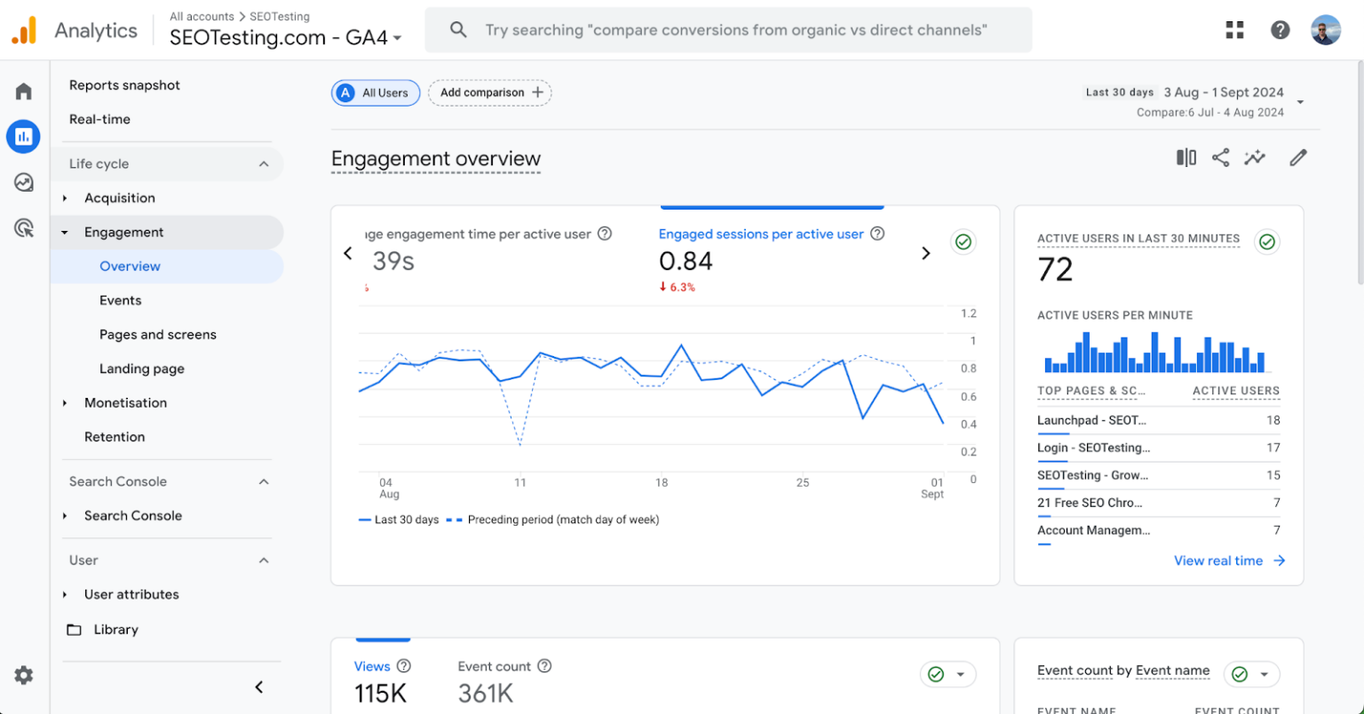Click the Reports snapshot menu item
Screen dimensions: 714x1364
click(x=124, y=85)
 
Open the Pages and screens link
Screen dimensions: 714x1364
click(x=158, y=335)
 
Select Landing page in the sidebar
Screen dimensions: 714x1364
click(x=142, y=369)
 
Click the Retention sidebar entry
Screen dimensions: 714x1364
click(x=115, y=437)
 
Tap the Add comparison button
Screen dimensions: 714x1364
click(x=490, y=92)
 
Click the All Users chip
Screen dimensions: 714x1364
click(x=376, y=92)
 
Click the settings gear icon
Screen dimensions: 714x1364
click(x=24, y=675)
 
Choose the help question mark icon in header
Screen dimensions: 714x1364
click(x=1280, y=30)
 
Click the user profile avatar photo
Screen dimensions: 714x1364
click(x=1326, y=30)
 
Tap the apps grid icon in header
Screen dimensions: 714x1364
click(x=1234, y=30)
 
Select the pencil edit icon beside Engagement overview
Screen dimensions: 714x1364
click(x=1298, y=158)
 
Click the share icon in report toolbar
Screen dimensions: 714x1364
click(x=1221, y=158)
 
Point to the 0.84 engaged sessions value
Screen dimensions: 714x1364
click(x=686, y=261)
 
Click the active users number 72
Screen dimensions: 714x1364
click(x=1055, y=269)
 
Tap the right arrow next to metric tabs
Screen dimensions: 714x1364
click(x=925, y=253)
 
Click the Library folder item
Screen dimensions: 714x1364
click(x=115, y=630)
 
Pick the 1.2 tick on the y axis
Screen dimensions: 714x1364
click(x=968, y=313)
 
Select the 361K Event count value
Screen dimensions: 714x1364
click(x=486, y=693)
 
